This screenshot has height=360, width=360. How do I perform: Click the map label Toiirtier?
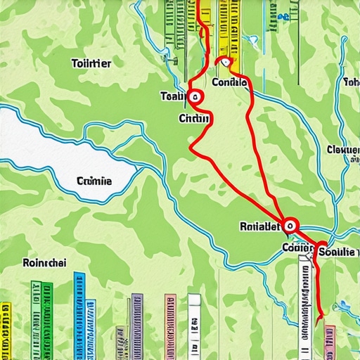[x=91, y=63]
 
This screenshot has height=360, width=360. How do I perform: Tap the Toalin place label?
[x=174, y=96]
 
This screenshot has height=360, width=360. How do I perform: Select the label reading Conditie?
[x=229, y=82]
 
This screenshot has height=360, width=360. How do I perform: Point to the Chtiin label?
[x=195, y=118]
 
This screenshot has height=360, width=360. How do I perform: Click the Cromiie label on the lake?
[x=94, y=181]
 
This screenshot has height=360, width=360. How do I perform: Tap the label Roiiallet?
[x=259, y=226]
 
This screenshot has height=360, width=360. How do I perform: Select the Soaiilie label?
[x=337, y=251]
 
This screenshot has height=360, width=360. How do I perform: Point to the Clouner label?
[x=343, y=149]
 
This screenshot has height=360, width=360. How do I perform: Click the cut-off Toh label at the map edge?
[x=352, y=82]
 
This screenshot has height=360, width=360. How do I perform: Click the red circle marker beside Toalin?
[x=195, y=98]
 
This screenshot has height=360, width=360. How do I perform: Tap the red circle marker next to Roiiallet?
[x=290, y=226]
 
